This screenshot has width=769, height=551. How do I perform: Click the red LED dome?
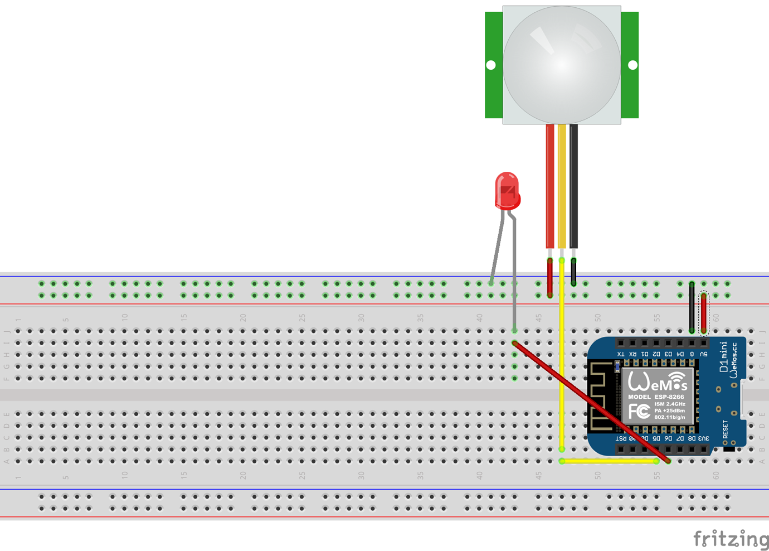507,190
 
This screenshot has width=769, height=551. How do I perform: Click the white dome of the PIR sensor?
562,65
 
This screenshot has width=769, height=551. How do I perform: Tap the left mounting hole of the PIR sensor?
491,65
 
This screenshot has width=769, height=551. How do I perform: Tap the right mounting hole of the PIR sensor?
632,65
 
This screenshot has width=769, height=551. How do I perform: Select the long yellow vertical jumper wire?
562,357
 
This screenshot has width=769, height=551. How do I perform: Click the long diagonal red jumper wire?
591,402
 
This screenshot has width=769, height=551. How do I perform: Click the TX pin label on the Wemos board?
621,354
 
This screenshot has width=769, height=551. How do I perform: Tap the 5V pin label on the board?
704,354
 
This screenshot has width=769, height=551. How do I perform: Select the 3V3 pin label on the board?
704,439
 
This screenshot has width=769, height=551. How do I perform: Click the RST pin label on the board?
621,439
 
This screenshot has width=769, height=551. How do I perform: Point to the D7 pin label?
680,439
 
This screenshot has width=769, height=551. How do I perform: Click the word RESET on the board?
726,429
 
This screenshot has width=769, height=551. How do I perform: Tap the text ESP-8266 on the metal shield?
669,397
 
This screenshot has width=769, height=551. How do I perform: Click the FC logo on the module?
639,412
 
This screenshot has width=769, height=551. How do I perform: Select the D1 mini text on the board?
724,357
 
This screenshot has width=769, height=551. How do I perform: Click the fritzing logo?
731,539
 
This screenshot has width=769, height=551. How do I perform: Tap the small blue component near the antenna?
617,366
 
